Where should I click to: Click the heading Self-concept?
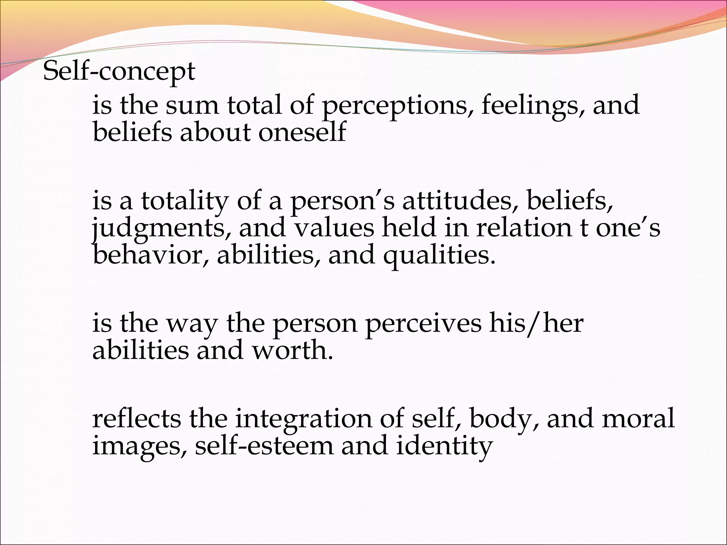[x=119, y=72]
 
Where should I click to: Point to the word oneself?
[x=302, y=132]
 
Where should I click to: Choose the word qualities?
[x=439, y=255]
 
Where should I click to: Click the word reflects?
[x=137, y=419]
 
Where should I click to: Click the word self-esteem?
[x=264, y=446]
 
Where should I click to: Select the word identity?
[x=444, y=446]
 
